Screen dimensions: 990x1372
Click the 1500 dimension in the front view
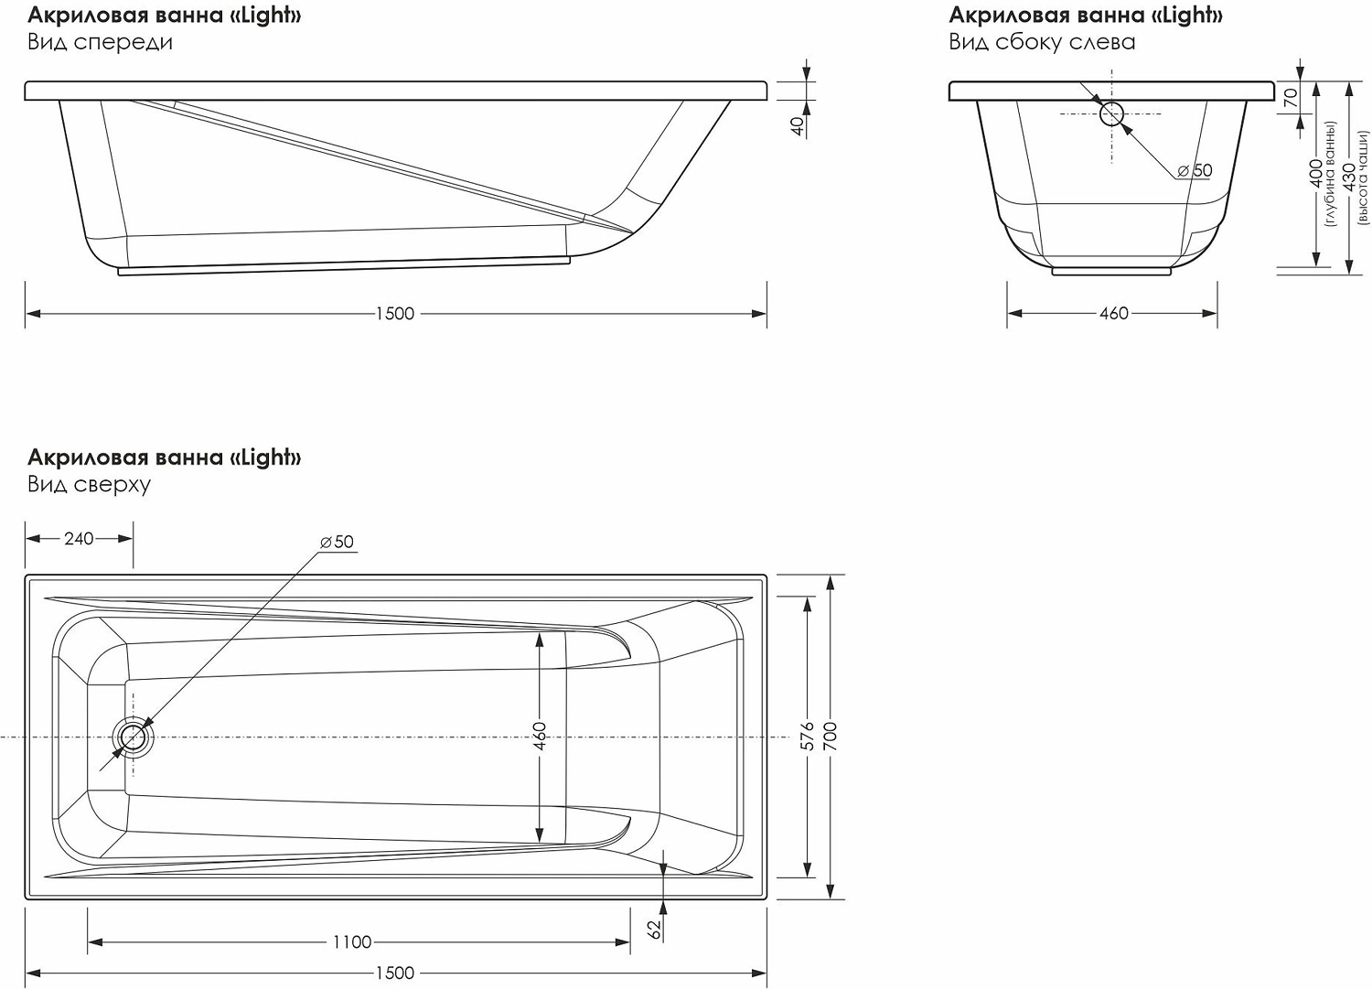[x=395, y=314]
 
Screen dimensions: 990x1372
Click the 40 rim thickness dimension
[x=798, y=125]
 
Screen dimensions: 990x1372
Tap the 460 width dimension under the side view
[x=1113, y=314]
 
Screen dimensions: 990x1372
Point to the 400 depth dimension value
[x=1316, y=174]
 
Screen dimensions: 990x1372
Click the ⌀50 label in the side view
[x=1195, y=171]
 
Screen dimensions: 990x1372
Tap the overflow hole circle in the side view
[x=1111, y=113]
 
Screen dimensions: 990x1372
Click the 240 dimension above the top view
[x=79, y=539]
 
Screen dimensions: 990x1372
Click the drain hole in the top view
[x=134, y=737]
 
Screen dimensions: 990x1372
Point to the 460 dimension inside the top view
[x=540, y=737]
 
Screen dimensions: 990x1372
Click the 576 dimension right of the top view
[x=808, y=737]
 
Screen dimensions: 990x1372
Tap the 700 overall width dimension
[x=831, y=737]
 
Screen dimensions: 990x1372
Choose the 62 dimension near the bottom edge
[x=654, y=928]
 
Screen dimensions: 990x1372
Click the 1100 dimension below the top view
[x=352, y=942]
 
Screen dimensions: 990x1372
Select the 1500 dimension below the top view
[x=395, y=974]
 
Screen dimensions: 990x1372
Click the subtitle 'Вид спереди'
[x=100, y=42]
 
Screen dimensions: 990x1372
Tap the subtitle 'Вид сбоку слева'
[x=1042, y=42]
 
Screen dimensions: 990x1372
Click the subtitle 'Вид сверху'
[x=89, y=484]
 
